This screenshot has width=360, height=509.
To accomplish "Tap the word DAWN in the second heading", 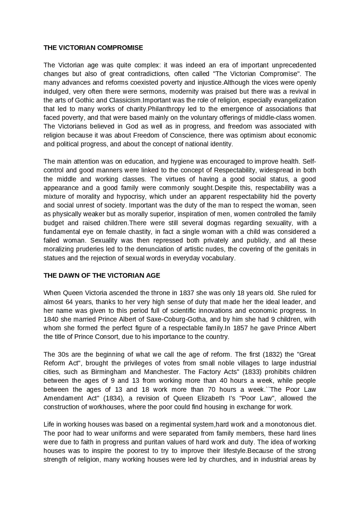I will (x=69, y=276).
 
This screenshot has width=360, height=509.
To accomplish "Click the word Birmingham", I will (x=109, y=372).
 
